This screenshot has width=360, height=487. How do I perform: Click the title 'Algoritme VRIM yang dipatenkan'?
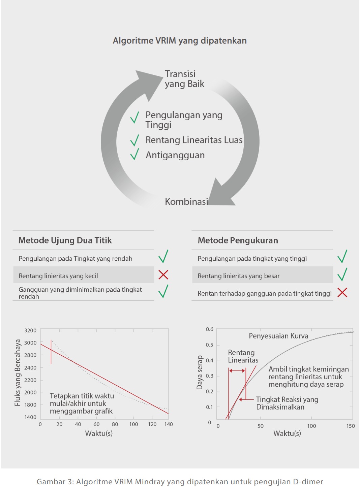pyautogui.click(x=180, y=41)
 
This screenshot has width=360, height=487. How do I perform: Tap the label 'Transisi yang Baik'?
pyautogui.click(x=184, y=79)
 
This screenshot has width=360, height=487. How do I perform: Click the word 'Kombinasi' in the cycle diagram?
pyautogui.click(x=186, y=202)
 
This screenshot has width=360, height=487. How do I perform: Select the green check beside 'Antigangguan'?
pyautogui.click(x=135, y=154)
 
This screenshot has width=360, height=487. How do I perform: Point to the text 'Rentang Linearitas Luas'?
pyautogui.click(x=194, y=140)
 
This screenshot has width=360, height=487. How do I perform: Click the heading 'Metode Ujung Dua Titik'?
pyautogui.click(x=65, y=240)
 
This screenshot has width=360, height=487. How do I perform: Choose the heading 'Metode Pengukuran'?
pyautogui.click(x=238, y=240)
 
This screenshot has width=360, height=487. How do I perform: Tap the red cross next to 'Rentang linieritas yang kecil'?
pyautogui.click(x=163, y=275)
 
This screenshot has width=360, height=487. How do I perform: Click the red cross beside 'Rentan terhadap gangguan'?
pyautogui.click(x=342, y=292)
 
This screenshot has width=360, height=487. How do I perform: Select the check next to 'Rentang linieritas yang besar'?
pyautogui.click(x=342, y=274)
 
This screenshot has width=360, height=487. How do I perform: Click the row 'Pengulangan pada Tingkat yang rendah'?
pyautogui.click(x=76, y=259)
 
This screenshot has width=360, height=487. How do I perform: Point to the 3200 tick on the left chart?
pyautogui.click(x=30, y=330)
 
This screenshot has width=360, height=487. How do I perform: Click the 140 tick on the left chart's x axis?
pyautogui.click(x=169, y=424)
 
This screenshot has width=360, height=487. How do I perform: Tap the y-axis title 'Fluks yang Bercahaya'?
pyautogui.click(x=18, y=372)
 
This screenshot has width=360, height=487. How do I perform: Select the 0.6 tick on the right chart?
pyautogui.click(x=210, y=329)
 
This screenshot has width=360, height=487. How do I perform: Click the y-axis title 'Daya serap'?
pyautogui.click(x=200, y=372)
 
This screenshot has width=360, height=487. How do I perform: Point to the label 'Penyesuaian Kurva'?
pyautogui.click(x=278, y=336)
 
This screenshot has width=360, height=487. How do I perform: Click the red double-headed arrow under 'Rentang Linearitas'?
pyautogui.click(x=237, y=370)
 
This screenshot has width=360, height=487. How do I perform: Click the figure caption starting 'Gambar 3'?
pyautogui.click(x=180, y=482)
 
